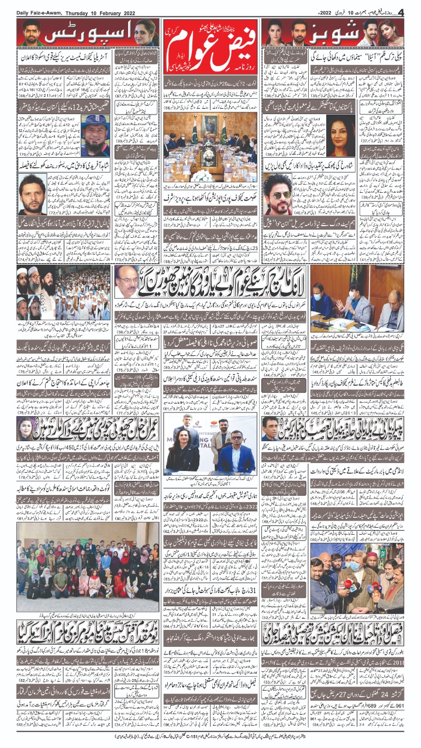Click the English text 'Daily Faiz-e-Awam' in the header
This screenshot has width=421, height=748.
tap(44, 12)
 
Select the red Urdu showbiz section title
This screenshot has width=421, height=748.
tap(344, 33)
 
